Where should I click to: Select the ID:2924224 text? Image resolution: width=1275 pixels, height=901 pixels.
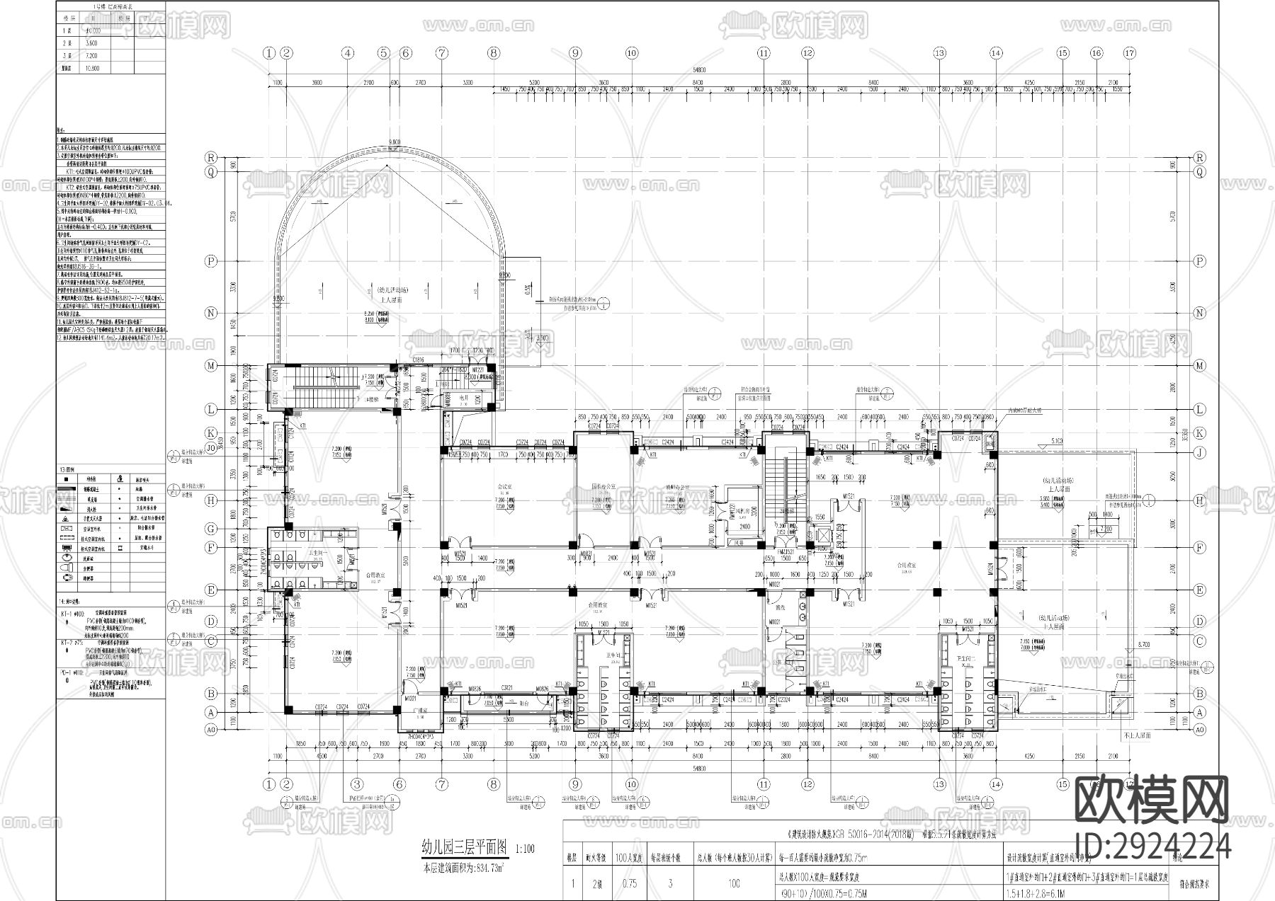[1152, 846]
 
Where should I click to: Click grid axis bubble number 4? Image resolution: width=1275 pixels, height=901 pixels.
[347, 52]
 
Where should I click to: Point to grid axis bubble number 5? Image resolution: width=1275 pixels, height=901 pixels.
[383, 52]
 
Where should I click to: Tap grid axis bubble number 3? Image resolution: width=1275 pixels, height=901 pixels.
[356, 784]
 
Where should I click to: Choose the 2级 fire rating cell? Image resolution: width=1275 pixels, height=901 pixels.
[596, 883]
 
